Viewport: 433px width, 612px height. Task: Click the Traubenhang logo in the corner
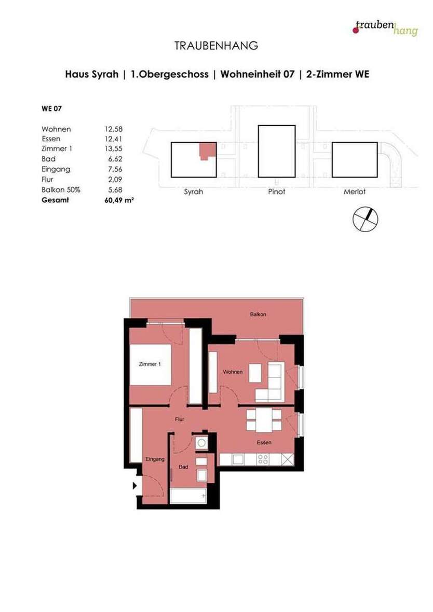[x=385, y=28]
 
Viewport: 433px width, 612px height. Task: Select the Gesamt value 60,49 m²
[x=119, y=199]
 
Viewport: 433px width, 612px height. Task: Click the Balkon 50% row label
[x=61, y=189]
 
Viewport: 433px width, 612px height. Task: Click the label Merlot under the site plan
[x=355, y=192]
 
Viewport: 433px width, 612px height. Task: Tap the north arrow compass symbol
[x=365, y=219]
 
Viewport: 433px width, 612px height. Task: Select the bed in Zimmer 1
[x=150, y=364]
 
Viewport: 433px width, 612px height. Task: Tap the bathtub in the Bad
[x=188, y=496]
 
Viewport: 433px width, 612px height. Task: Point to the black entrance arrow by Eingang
[x=134, y=486]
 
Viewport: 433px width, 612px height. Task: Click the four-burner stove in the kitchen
[x=263, y=459]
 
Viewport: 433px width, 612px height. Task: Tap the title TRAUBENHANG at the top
[x=216, y=46]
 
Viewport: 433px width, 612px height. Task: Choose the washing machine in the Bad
[x=200, y=443]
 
